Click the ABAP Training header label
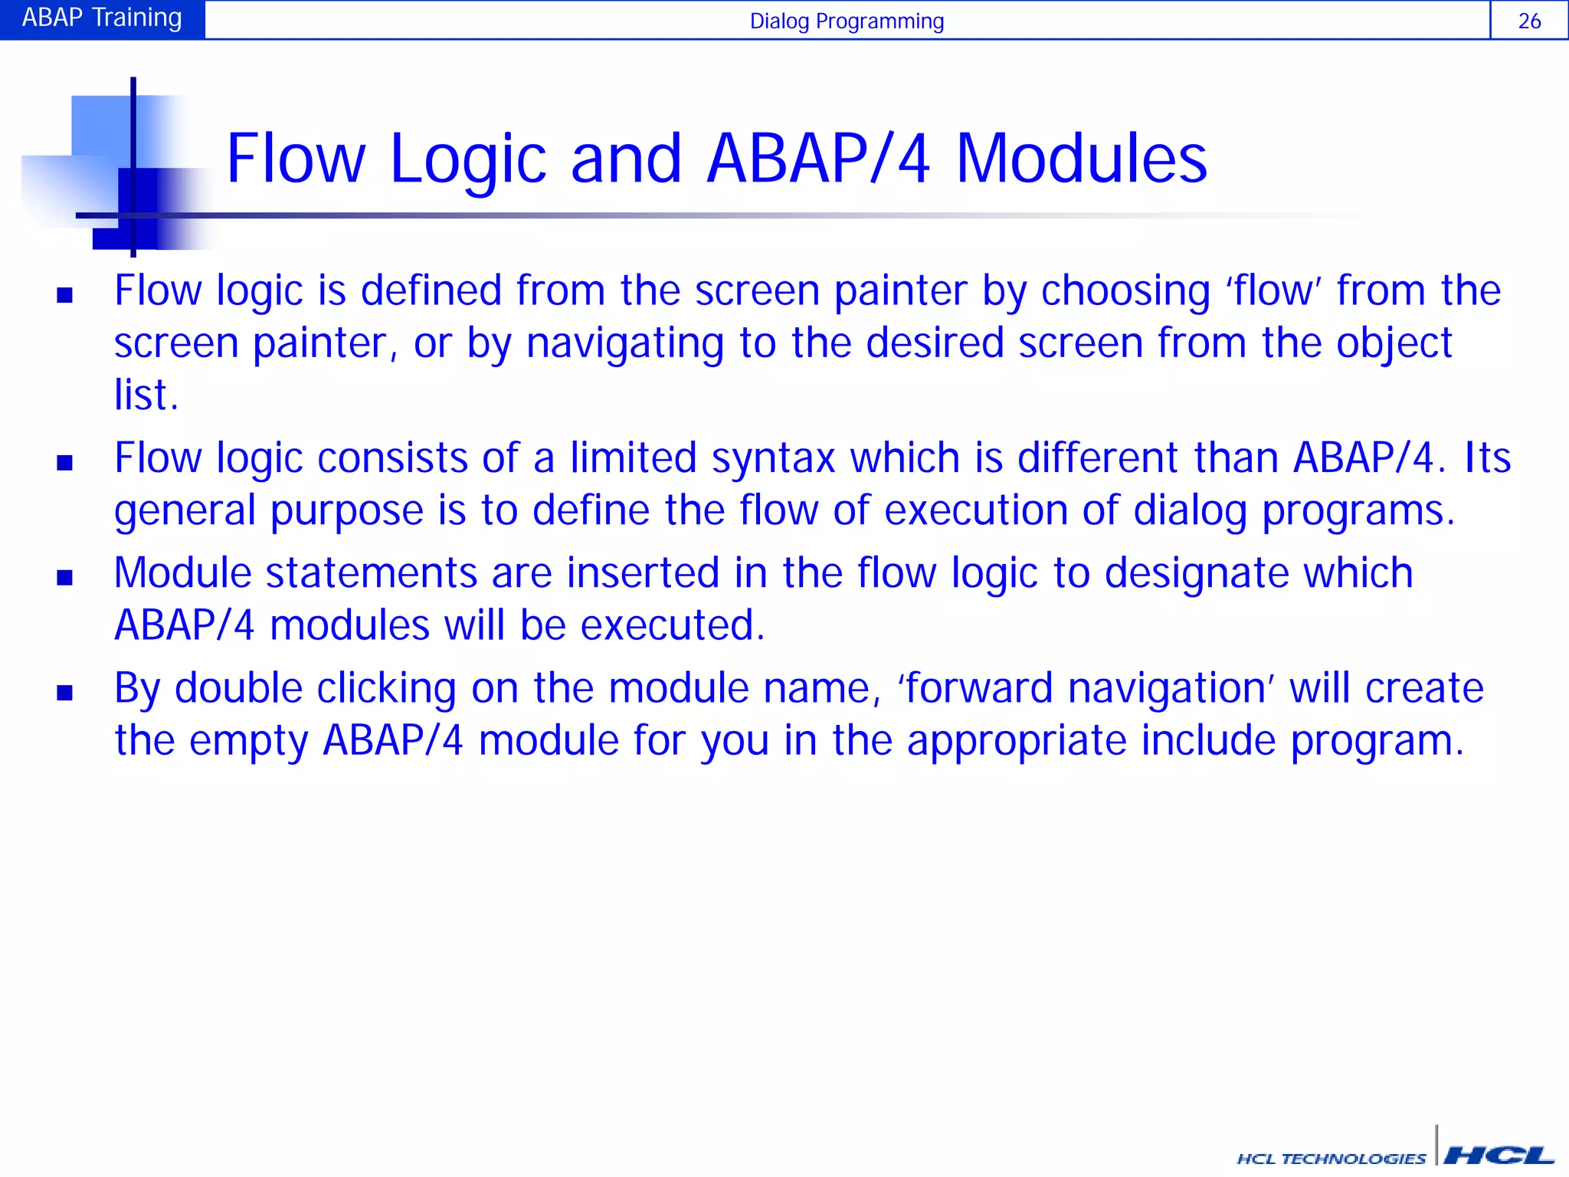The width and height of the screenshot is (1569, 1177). click(102, 18)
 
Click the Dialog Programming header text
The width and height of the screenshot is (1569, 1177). click(847, 21)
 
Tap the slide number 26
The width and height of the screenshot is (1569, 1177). click(1529, 21)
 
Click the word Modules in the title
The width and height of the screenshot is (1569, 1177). click(1081, 159)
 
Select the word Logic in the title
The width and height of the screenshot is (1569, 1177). click(467, 159)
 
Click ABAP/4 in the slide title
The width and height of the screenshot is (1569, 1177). click(817, 159)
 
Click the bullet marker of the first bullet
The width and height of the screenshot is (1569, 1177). click(65, 295)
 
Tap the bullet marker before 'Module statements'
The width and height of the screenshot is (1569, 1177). click(65, 578)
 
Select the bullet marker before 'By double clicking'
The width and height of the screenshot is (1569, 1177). click(65, 693)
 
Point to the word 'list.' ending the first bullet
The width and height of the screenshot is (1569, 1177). click(146, 395)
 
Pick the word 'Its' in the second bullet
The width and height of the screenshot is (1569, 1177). click(1487, 458)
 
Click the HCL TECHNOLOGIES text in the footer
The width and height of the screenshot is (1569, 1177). click(1331, 1159)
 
